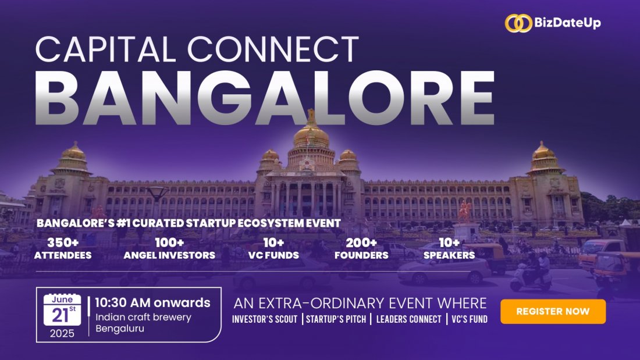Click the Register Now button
click(x=553, y=311)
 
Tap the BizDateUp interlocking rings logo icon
click(x=518, y=23)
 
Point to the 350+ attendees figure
click(x=62, y=242)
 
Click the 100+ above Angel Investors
click(x=169, y=242)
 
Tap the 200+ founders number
click(x=361, y=242)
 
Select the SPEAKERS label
click(x=449, y=255)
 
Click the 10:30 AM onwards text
click(x=152, y=303)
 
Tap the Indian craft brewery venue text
click(x=144, y=318)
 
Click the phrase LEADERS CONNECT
click(x=408, y=319)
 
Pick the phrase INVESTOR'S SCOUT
click(x=265, y=319)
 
